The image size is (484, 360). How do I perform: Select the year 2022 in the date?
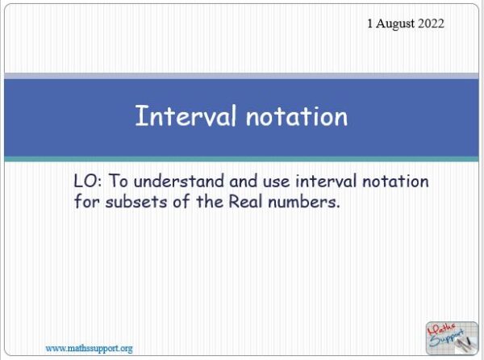[x=428, y=24]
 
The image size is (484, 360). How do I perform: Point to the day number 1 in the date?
[x=370, y=24]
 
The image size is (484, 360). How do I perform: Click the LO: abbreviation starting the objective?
[x=86, y=182]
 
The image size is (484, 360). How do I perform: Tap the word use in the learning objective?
[x=263, y=182]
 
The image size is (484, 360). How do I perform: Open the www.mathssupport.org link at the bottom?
[x=89, y=348]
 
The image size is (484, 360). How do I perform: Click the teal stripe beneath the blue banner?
[x=242, y=159]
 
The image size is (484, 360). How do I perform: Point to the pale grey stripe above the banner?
[x=242, y=76]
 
